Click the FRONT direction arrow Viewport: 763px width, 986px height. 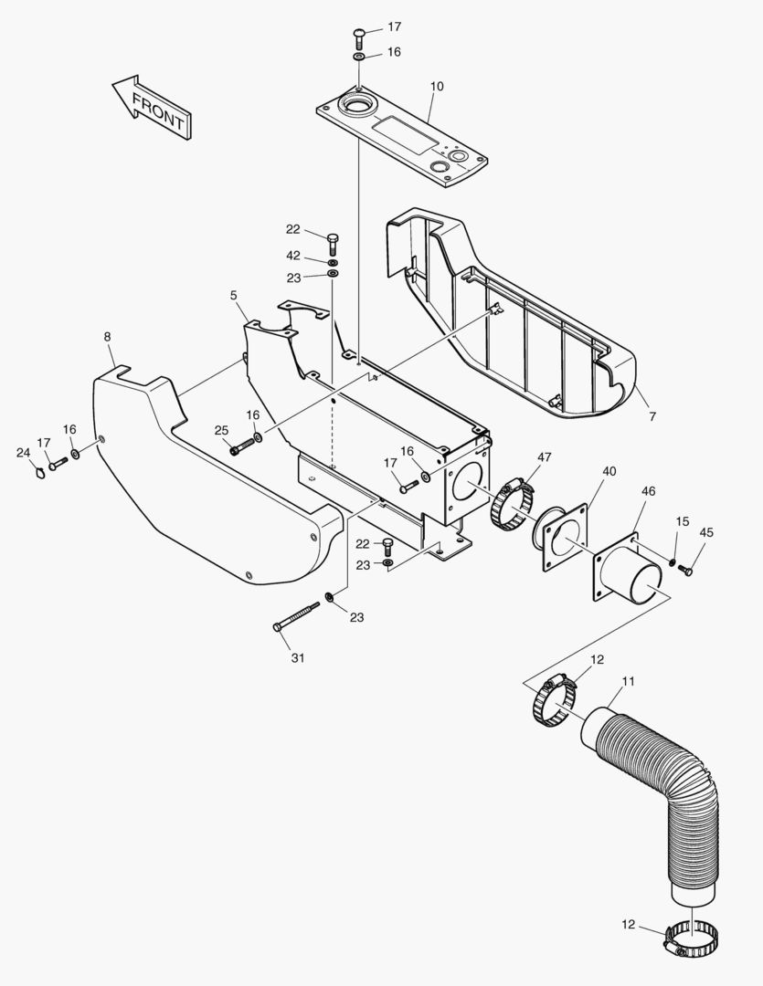click(x=152, y=108)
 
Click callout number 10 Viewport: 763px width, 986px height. click(x=437, y=87)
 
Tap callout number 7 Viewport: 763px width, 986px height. click(x=652, y=416)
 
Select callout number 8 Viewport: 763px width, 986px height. click(x=108, y=337)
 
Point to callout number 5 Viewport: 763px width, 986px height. click(x=234, y=295)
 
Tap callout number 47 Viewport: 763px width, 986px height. click(x=545, y=456)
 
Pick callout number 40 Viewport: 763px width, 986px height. click(x=609, y=471)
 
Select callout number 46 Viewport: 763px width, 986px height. click(x=649, y=491)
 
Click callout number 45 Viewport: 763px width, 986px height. click(x=706, y=532)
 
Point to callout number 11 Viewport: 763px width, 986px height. click(x=629, y=681)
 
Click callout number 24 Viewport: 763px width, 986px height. click(x=23, y=452)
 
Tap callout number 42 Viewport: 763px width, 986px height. click(x=292, y=256)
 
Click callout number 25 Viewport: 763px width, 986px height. click(x=221, y=430)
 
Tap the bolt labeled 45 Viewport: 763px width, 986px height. click(x=688, y=571)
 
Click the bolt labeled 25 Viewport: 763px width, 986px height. click(x=242, y=446)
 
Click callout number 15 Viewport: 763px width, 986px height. click(x=683, y=521)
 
